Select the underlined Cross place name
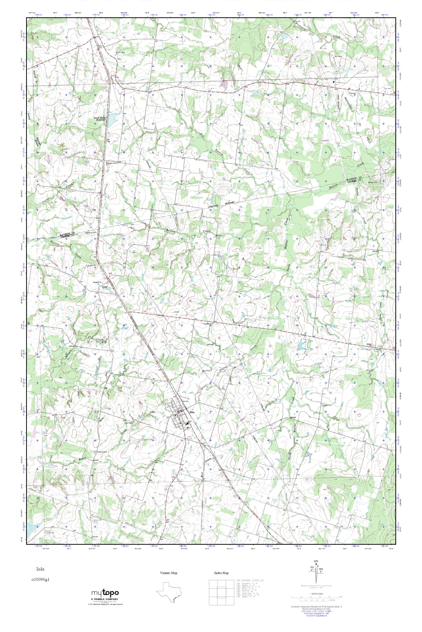(105, 287)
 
